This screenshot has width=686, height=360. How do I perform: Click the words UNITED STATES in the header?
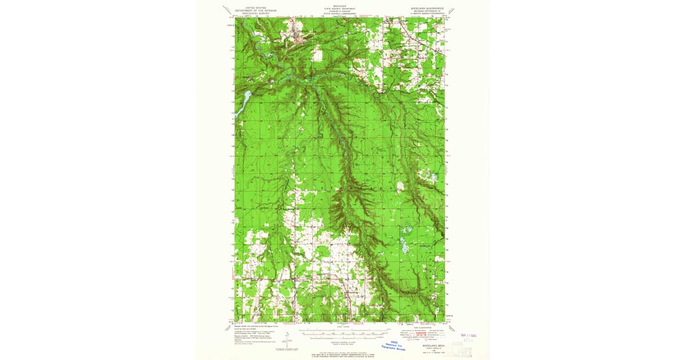coord(256,8)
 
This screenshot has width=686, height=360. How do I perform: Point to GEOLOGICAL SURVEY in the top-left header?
coord(256,14)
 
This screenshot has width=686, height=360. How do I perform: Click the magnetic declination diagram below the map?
coord(288,337)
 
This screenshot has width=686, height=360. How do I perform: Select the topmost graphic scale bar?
coord(342,331)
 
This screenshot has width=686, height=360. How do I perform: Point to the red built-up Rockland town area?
coord(298,39)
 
